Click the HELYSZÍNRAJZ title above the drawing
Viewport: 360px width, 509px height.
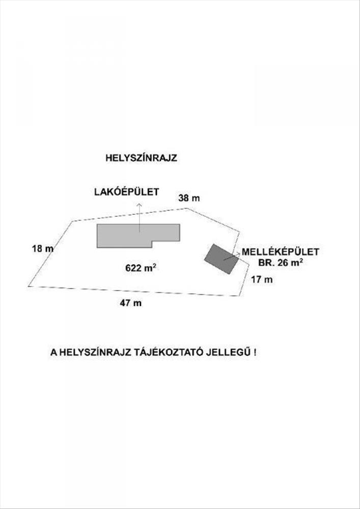[x=141, y=158]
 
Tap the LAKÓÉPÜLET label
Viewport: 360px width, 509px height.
[x=127, y=192]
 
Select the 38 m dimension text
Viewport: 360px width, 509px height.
[x=189, y=198]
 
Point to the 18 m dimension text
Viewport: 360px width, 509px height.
[x=43, y=249]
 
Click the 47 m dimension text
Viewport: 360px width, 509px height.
[x=130, y=303]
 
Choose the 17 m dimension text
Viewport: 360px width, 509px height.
[x=262, y=279]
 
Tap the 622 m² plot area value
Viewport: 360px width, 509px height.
[x=141, y=268]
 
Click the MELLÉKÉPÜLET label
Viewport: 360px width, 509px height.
[x=281, y=252]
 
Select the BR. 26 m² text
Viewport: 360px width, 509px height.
[x=281, y=263]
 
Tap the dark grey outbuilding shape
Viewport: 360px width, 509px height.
[x=221, y=259]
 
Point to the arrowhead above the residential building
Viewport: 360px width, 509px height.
[x=140, y=205]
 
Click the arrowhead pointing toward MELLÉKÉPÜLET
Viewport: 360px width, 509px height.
[x=238, y=253]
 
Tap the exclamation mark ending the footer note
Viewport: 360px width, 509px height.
[x=256, y=353]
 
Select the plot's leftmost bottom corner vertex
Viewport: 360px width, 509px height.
[x=29, y=286]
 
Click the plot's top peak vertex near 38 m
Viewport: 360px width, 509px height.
[x=187, y=208]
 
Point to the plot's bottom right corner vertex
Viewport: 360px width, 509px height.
[x=239, y=296]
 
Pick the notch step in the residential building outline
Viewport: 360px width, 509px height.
[x=152, y=241]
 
